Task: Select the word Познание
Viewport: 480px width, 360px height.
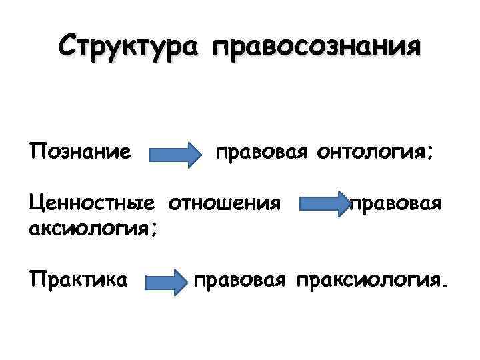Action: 79,153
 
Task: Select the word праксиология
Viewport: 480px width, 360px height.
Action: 365,279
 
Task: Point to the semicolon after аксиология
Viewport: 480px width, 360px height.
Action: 155,231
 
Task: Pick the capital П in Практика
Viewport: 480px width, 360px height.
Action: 37,278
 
